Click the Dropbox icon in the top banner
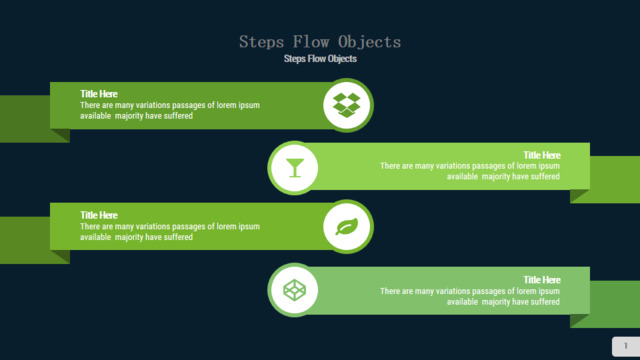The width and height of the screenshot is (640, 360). [347, 105]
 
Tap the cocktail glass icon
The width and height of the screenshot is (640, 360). [295, 168]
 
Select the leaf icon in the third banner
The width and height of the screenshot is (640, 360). [347, 227]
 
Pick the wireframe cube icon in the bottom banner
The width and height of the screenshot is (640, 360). [294, 290]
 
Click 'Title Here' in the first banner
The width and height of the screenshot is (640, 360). [99, 94]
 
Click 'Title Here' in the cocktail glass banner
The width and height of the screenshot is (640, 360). [542, 155]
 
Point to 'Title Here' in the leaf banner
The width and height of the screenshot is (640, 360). [99, 215]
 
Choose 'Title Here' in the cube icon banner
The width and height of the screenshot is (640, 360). [542, 280]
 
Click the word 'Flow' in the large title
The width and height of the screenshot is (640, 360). [311, 42]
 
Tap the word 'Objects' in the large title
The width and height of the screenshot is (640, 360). [369, 42]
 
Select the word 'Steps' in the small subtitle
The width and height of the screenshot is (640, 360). [295, 59]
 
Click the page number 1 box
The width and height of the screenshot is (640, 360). [626, 346]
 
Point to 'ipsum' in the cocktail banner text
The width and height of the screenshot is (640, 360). [549, 166]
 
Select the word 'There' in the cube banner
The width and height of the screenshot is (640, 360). [390, 291]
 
